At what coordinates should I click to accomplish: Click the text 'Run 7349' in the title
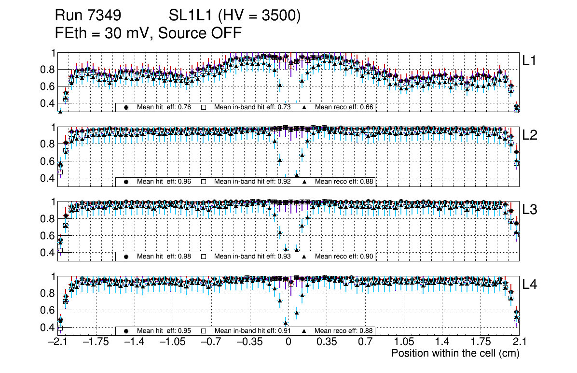(x=87, y=16)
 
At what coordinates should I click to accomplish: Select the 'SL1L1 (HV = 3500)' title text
(x=235, y=16)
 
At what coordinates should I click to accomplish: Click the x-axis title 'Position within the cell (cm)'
(x=455, y=353)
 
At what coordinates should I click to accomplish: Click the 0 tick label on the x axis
(x=288, y=342)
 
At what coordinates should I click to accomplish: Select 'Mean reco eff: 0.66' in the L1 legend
(x=344, y=107)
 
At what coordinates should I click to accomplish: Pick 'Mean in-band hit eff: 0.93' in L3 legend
(x=252, y=256)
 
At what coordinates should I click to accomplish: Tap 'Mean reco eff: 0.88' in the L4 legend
(x=344, y=331)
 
